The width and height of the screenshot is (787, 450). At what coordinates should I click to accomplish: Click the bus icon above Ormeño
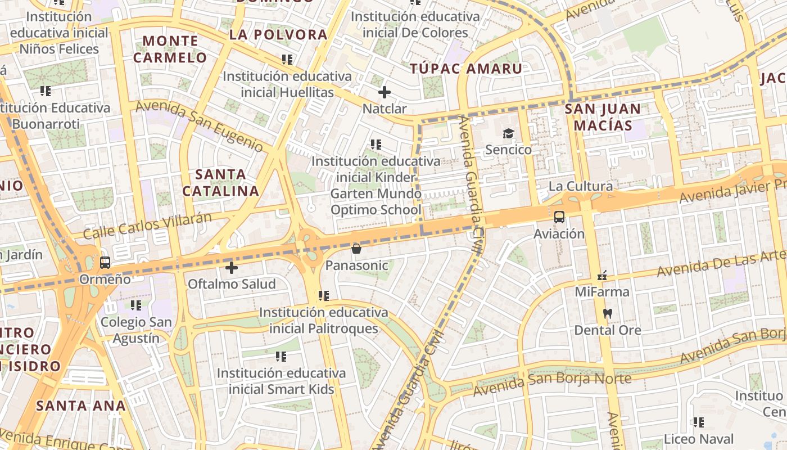click(x=105, y=262)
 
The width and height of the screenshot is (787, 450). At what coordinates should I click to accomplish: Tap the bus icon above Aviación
click(x=559, y=217)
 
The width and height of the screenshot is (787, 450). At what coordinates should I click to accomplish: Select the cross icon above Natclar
click(x=385, y=92)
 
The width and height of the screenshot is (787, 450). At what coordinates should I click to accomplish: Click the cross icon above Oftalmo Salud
click(x=231, y=267)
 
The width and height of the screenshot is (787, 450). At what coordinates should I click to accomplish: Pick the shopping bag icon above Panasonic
click(x=356, y=248)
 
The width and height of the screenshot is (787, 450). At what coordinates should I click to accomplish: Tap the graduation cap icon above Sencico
click(x=508, y=133)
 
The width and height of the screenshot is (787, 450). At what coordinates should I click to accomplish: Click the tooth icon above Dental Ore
click(x=607, y=313)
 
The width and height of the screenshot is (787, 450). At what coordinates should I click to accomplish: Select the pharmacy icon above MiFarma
click(x=602, y=276)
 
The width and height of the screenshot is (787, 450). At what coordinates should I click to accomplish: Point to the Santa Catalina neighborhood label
click(x=220, y=183)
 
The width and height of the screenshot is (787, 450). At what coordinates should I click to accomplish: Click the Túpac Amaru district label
click(x=465, y=69)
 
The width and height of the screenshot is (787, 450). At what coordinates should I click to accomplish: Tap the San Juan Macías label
click(x=603, y=117)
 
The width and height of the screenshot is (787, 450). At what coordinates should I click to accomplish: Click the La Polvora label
click(x=278, y=34)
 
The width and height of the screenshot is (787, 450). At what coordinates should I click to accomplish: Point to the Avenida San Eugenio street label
click(x=200, y=126)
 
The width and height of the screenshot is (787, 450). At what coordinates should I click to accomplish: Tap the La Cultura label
click(x=581, y=186)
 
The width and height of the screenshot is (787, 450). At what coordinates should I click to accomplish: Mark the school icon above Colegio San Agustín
click(x=136, y=305)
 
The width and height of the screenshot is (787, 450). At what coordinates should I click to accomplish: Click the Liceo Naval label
click(x=699, y=439)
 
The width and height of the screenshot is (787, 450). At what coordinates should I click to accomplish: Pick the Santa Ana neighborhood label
click(x=81, y=405)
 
